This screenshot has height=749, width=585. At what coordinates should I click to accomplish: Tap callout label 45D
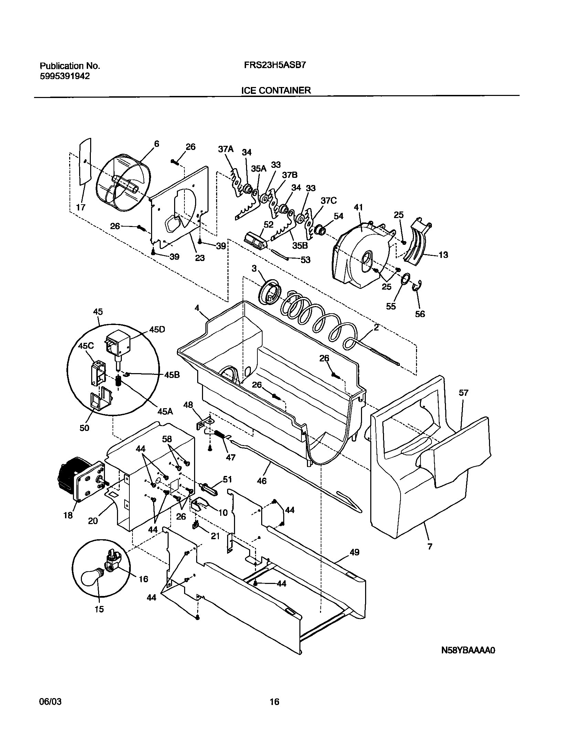click(157, 329)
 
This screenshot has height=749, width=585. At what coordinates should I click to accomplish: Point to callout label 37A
click(225, 149)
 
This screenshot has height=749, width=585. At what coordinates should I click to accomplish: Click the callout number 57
click(464, 393)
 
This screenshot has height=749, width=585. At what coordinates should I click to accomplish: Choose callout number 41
click(358, 207)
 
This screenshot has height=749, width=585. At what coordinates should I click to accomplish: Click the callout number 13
click(444, 255)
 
